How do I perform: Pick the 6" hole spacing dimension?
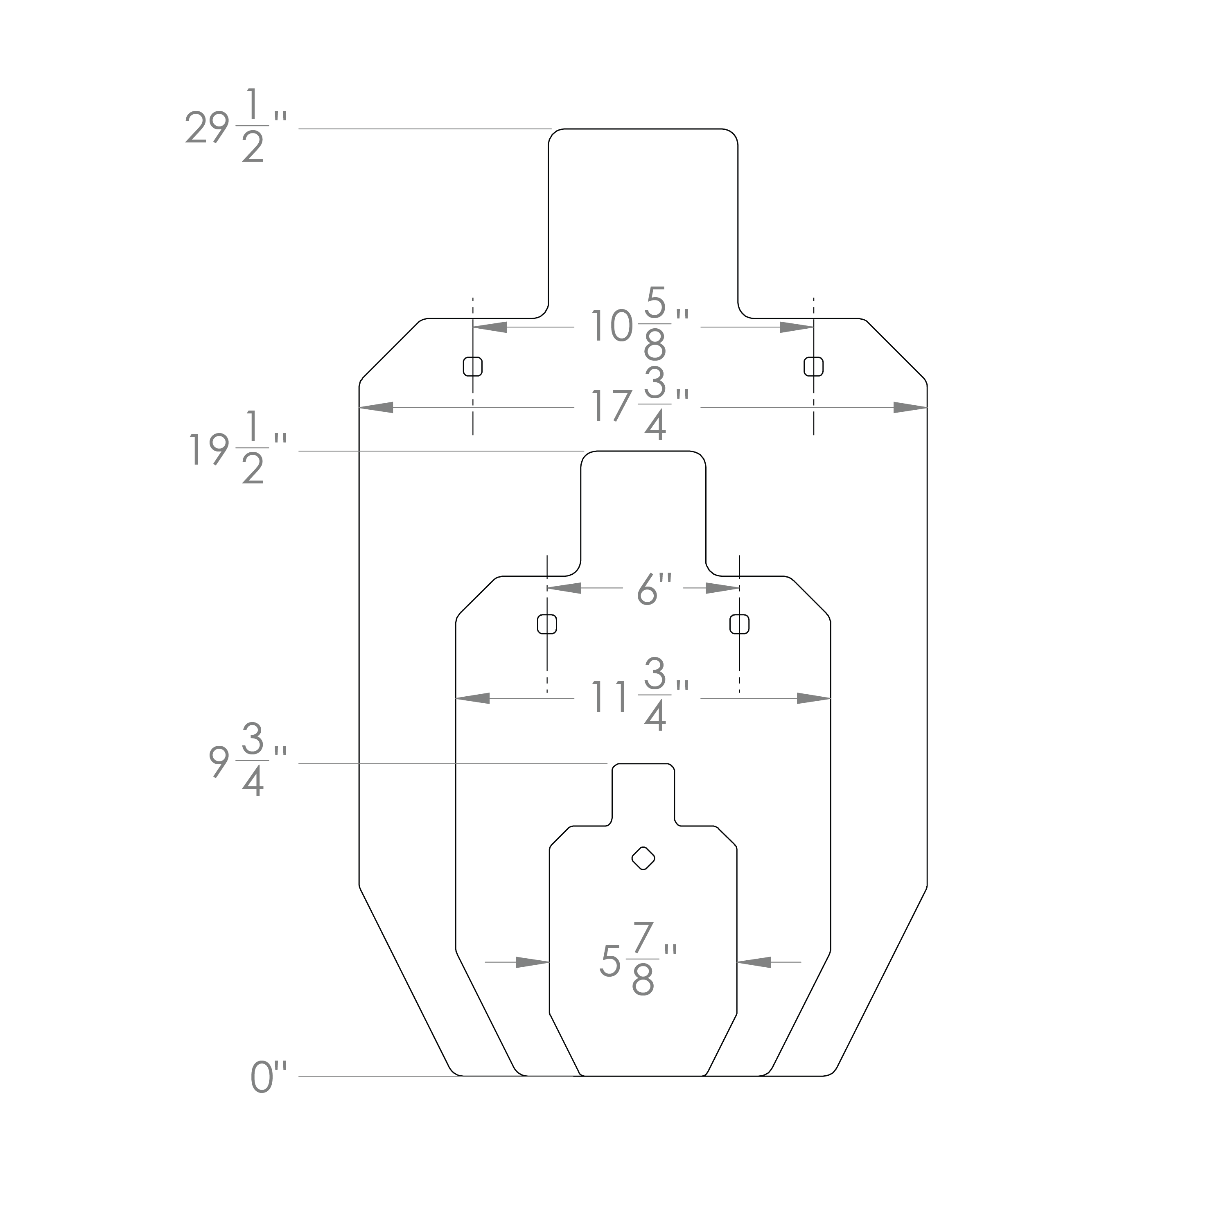(x=654, y=589)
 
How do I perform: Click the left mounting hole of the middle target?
(x=547, y=624)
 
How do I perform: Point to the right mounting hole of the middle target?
(x=739, y=624)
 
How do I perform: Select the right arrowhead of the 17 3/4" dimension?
(x=910, y=407)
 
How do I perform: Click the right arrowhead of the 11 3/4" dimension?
(x=814, y=699)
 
